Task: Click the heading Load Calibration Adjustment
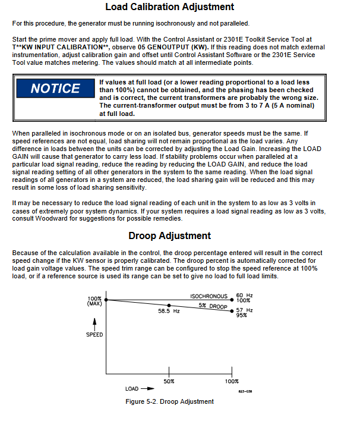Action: point(169,7)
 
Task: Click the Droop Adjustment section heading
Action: point(169,235)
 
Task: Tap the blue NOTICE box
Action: point(55,89)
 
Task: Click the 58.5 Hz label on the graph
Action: point(169,310)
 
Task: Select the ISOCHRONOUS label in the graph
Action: point(209,296)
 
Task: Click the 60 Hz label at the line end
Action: point(244,295)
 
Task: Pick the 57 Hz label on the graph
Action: point(244,310)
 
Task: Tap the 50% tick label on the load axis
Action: point(169,381)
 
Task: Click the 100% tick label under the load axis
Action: point(232,381)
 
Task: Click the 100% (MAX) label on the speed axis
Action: point(94,301)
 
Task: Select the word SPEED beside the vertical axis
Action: point(94,334)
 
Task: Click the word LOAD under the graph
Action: point(132,388)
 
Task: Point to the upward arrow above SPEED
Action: point(94,323)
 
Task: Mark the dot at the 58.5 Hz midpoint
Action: point(169,304)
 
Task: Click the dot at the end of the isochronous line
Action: point(232,299)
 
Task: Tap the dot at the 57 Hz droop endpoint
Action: point(232,310)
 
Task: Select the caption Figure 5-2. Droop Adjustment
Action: point(169,401)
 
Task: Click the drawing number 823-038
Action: point(245,392)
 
